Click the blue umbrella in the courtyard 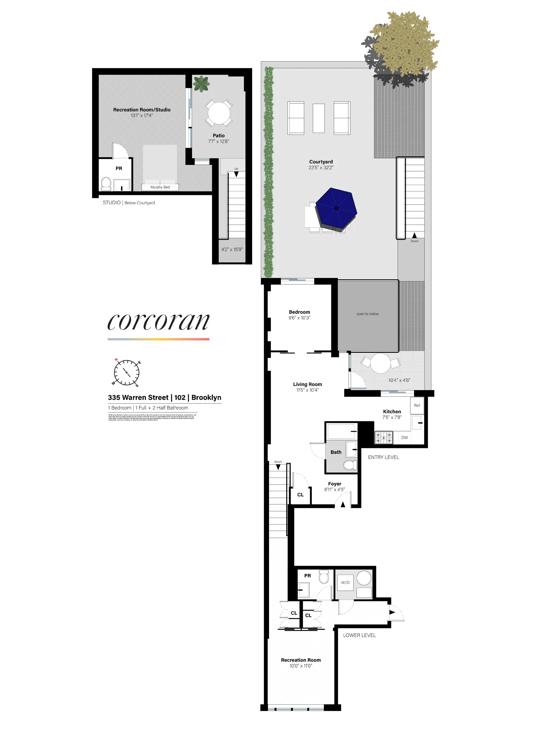336,208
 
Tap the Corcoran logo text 158,321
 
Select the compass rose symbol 126,372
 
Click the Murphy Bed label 160,187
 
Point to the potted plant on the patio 201,84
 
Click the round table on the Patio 219,113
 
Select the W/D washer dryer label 345,582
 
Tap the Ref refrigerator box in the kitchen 417,405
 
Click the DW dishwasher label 404,438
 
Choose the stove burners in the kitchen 384,438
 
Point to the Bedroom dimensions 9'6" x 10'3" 299,318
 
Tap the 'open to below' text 367,314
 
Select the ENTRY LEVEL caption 383,457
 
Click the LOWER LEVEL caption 359,635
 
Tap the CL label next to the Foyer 300,495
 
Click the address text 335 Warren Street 138,398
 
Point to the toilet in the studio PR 106,183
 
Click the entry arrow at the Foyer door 343,504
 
